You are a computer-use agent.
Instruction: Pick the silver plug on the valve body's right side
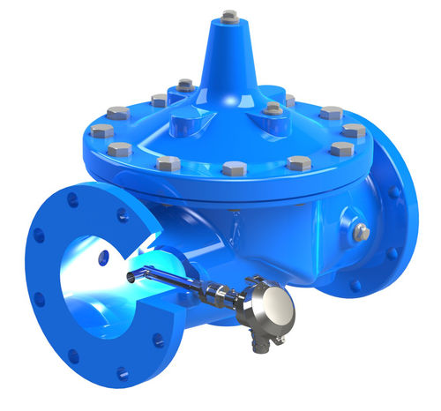(362, 232)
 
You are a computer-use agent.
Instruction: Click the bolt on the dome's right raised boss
(273, 109)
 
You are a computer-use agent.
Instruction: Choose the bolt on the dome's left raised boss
(184, 86)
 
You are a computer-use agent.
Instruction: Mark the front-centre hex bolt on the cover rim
(234, 168)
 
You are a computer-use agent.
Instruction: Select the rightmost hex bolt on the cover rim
(354, 131)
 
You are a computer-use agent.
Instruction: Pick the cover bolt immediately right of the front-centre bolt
(298, 163)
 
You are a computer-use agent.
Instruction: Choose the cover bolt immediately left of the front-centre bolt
(168, 163)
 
